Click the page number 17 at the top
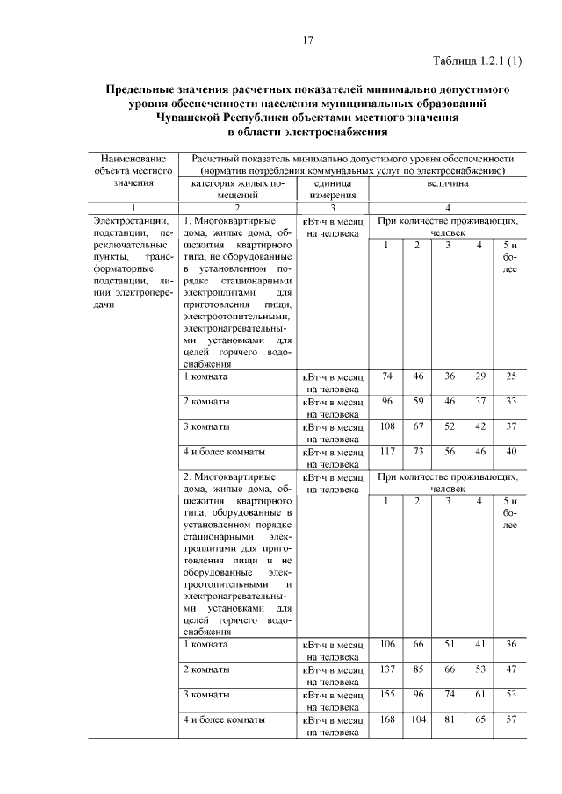coord(307,40)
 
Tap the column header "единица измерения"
coord(332,190)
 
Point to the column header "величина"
coord(449,185)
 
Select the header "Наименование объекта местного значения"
coord(133,170)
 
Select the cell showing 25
coord(510,376)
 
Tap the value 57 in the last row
coord(510,720)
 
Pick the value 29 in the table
coord(479,376)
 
